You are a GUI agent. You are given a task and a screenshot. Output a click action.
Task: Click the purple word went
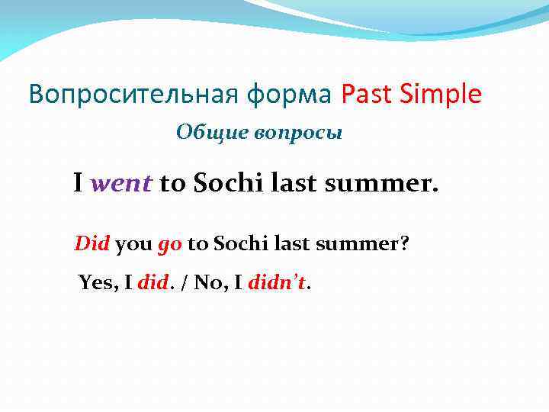pos(122,183)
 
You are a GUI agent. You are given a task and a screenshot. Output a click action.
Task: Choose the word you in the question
pos(134,244)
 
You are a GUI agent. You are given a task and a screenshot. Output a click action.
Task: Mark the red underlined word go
pos(169,245)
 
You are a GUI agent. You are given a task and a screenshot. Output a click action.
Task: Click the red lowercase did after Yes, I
pos(155,284)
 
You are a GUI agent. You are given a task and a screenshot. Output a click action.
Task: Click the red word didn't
pos(276,284)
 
